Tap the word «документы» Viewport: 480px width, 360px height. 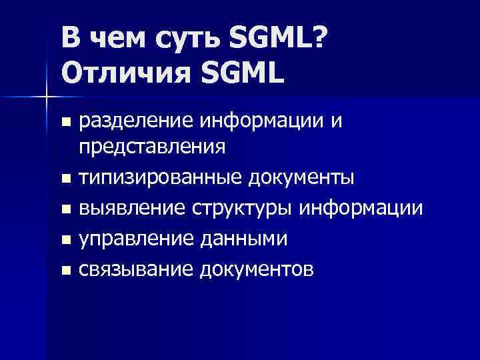297,179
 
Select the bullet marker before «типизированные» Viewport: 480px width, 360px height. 65,179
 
